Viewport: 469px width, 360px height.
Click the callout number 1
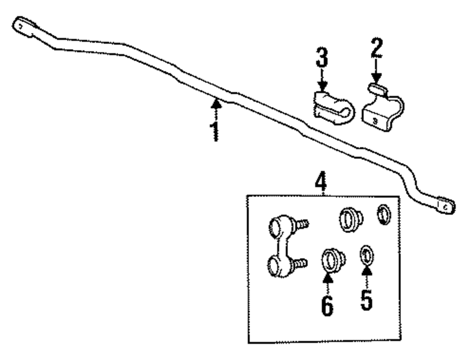pyautogui.click(x=215, y=132)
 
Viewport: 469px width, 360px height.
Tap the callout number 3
pyautogui.click(x=321, y=57)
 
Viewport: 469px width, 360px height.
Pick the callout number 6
pyautogui.click(x=327, y=304)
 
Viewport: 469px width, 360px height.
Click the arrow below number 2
pyautogui.click(x=376, y=75)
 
